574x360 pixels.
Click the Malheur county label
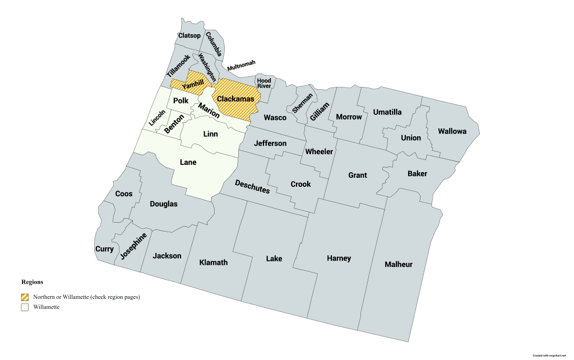click(x=399, y=264)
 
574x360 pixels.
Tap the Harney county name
click(x=339, y=259)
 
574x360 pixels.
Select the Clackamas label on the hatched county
click(x=235, y=99)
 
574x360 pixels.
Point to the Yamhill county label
click(x=193, y=84)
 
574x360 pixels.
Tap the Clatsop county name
click(x=189, y=36)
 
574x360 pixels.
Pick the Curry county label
click(x=104, y=249)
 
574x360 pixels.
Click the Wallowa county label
click(x=452, y=131)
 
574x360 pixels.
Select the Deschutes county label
click(x=252, y=187)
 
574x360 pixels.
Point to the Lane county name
click(x=188, y=162)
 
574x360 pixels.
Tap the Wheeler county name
click(x=319, y=152)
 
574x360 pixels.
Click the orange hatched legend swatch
click(x=25, y=297)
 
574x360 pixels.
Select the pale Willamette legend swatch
click(x=25, y=307)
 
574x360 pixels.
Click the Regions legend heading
click(x=32, y=282)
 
